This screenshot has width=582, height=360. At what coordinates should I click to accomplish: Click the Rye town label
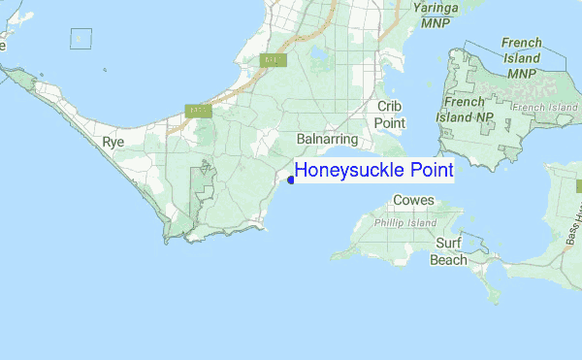(x=113, y=143)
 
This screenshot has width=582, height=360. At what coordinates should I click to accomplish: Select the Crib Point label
(x=391, y=114)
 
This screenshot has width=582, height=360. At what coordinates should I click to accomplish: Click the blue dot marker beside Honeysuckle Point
(x=291, y=180)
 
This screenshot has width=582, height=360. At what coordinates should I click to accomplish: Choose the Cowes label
(x=414, y=201)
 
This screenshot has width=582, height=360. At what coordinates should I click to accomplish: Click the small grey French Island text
(x=544, y=106)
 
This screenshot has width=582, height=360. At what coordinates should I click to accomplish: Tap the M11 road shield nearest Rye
(x=199, y=111)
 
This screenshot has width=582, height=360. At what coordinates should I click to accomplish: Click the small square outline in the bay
(x=81, y=39)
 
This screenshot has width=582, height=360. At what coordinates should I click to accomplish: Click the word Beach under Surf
(x=449, y=260)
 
